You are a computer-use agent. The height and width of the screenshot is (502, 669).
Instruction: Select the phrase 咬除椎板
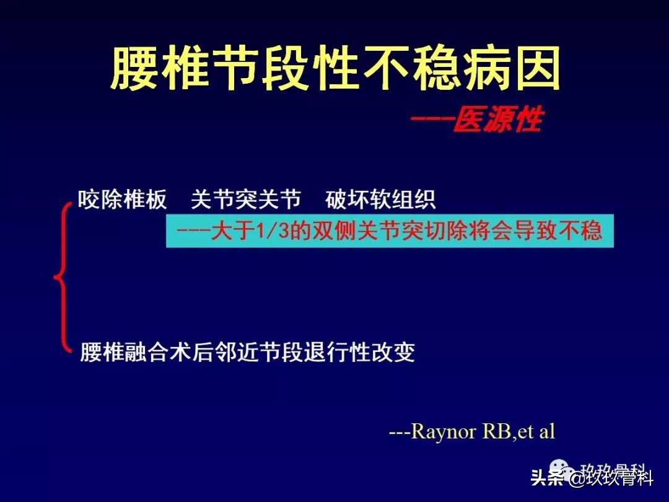click(123, 200)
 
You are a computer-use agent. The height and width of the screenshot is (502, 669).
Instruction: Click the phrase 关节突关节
click(246, 200)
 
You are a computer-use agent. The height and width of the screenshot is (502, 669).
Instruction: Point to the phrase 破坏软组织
click(380, 200)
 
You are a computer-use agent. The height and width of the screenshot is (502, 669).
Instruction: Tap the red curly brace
click(62, 276)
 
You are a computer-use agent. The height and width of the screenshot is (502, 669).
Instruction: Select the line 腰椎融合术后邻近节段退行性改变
click(247, 352)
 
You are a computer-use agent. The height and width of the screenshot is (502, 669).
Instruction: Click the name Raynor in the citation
click(439, 431)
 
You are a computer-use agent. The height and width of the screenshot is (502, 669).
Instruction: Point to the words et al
click(536, 431)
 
